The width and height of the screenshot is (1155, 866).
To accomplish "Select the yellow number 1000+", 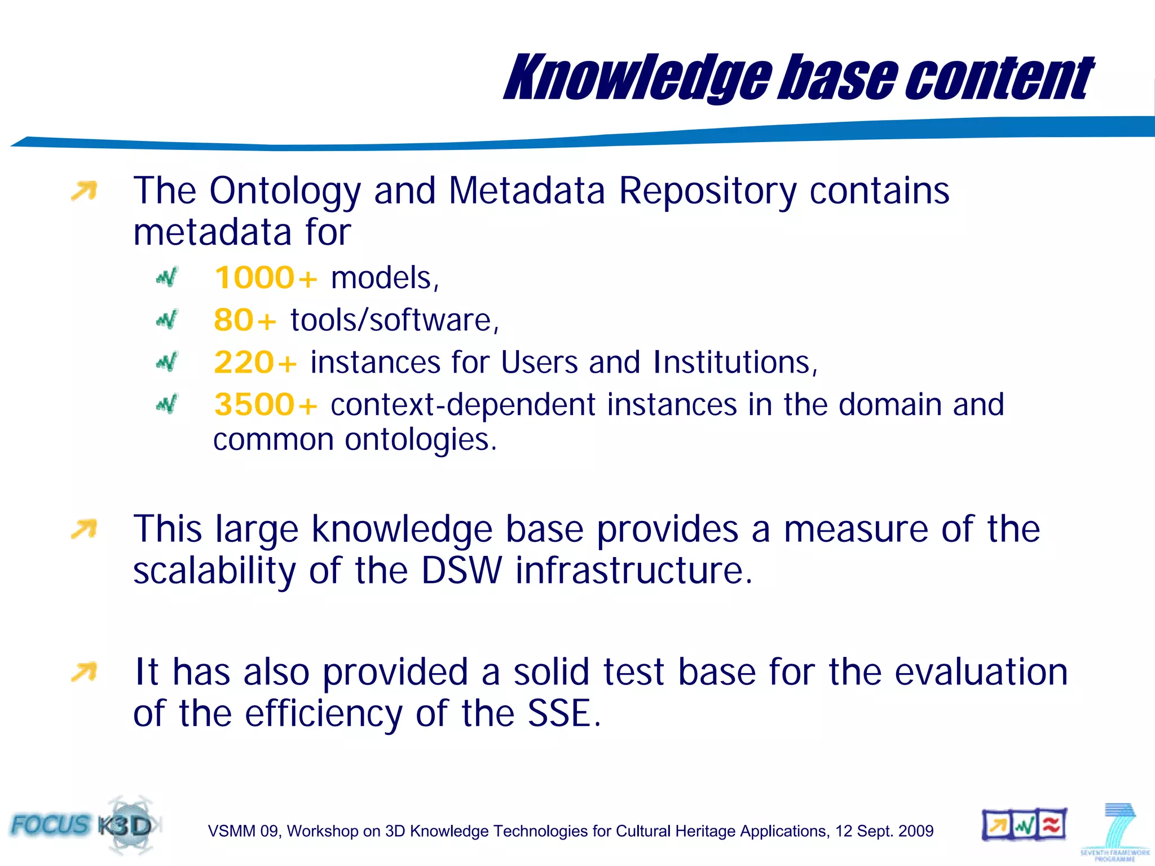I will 266,278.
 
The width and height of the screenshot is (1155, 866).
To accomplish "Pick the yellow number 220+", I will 255,362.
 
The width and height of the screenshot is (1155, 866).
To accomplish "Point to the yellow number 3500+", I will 266,404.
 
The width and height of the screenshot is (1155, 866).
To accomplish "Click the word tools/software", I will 394,320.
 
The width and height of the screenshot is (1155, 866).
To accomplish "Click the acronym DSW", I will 461,571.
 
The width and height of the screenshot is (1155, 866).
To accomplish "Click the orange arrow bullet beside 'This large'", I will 84,529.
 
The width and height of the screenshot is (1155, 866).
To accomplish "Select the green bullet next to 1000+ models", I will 167,277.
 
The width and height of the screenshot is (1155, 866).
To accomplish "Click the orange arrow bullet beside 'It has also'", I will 84,672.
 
